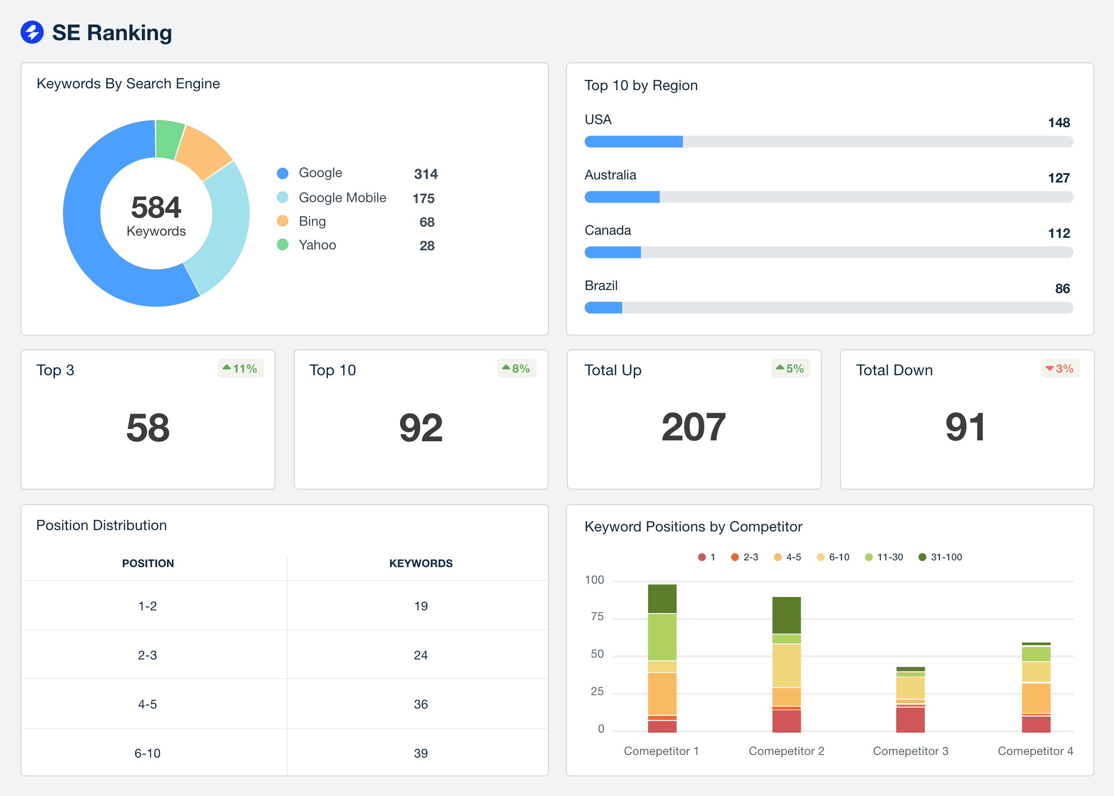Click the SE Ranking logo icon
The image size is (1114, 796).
[x=32, y=33]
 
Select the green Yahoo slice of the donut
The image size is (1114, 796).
[x=170, y=139]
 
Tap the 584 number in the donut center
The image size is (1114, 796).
[x=156, y=207]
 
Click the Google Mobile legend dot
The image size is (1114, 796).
[x=283, y=198]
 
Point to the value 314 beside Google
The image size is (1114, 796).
[x=426, y=174]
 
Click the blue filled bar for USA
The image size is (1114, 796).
[x=633, y=141]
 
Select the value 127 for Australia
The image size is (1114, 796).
[x=1059, y=178]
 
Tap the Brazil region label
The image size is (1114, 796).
[x=601, y=285]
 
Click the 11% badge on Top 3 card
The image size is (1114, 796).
[x=241, y=369]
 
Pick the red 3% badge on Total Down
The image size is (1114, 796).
[x=1060, y=369]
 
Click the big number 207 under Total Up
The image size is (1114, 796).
[x=693, y=427]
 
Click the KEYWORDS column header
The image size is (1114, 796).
[x=421, y=563]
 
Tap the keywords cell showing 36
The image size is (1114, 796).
[x=421, y=705]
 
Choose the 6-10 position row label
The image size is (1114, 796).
[x=147, y=753]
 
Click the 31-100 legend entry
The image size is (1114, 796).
[x=940, y=557]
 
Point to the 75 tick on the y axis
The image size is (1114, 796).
[x=597, y=617]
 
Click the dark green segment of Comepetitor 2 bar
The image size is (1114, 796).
[x=786, y=615]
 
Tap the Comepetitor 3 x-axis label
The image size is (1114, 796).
[x=910, y=751]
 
